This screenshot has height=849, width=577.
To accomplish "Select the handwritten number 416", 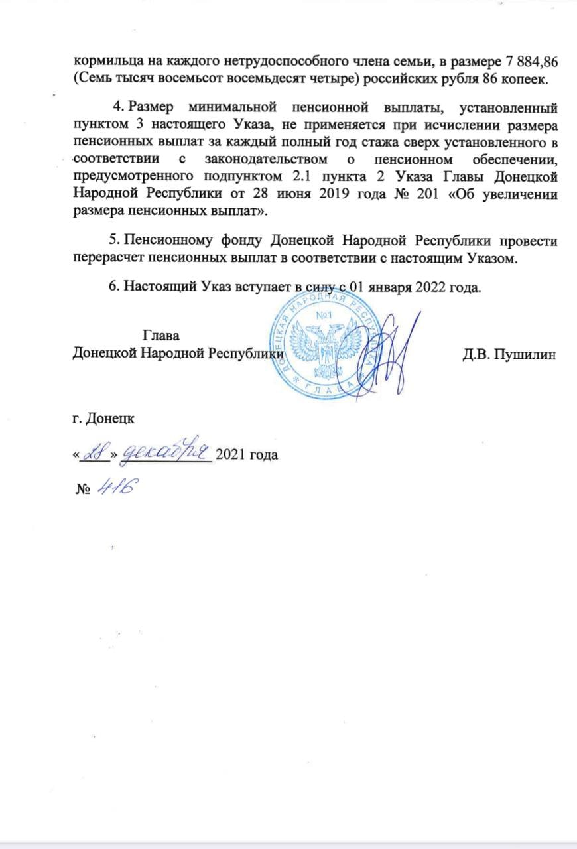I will [x=115, y=490].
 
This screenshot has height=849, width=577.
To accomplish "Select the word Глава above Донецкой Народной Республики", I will [x=162, y=336].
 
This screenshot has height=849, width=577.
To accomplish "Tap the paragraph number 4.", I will [x=119, y=107].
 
